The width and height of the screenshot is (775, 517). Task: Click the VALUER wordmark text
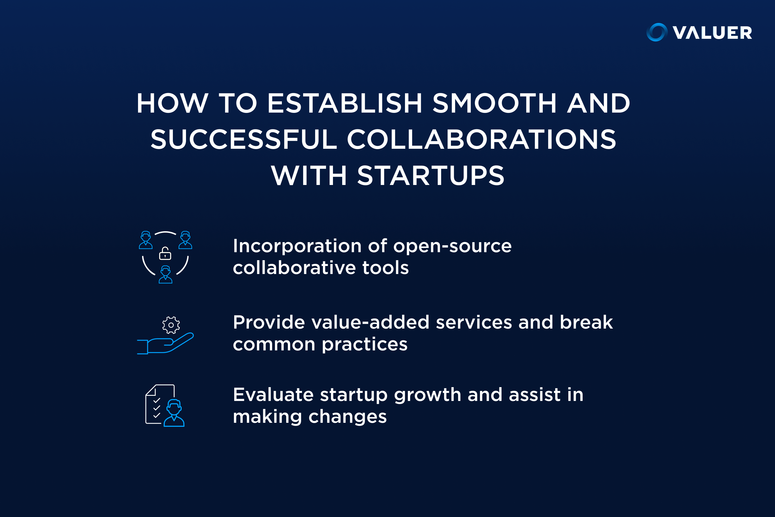pos(712,33)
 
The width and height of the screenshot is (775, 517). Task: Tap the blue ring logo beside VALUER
pos(657,32)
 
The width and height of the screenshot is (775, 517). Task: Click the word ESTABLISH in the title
pos(345,103)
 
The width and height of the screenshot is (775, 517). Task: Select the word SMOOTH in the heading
pos(495,103)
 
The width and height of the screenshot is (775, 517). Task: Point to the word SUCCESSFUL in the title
pos(244,140)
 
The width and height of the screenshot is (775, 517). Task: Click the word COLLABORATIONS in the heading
pos(481,140)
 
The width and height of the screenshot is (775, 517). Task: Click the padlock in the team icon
pos(165,253)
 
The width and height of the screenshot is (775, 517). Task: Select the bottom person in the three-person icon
pos(165,274)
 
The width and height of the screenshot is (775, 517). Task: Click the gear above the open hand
pos(171,325)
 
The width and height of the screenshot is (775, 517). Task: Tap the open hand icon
pos(165,343)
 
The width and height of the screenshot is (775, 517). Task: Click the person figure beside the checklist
pos(174,413)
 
